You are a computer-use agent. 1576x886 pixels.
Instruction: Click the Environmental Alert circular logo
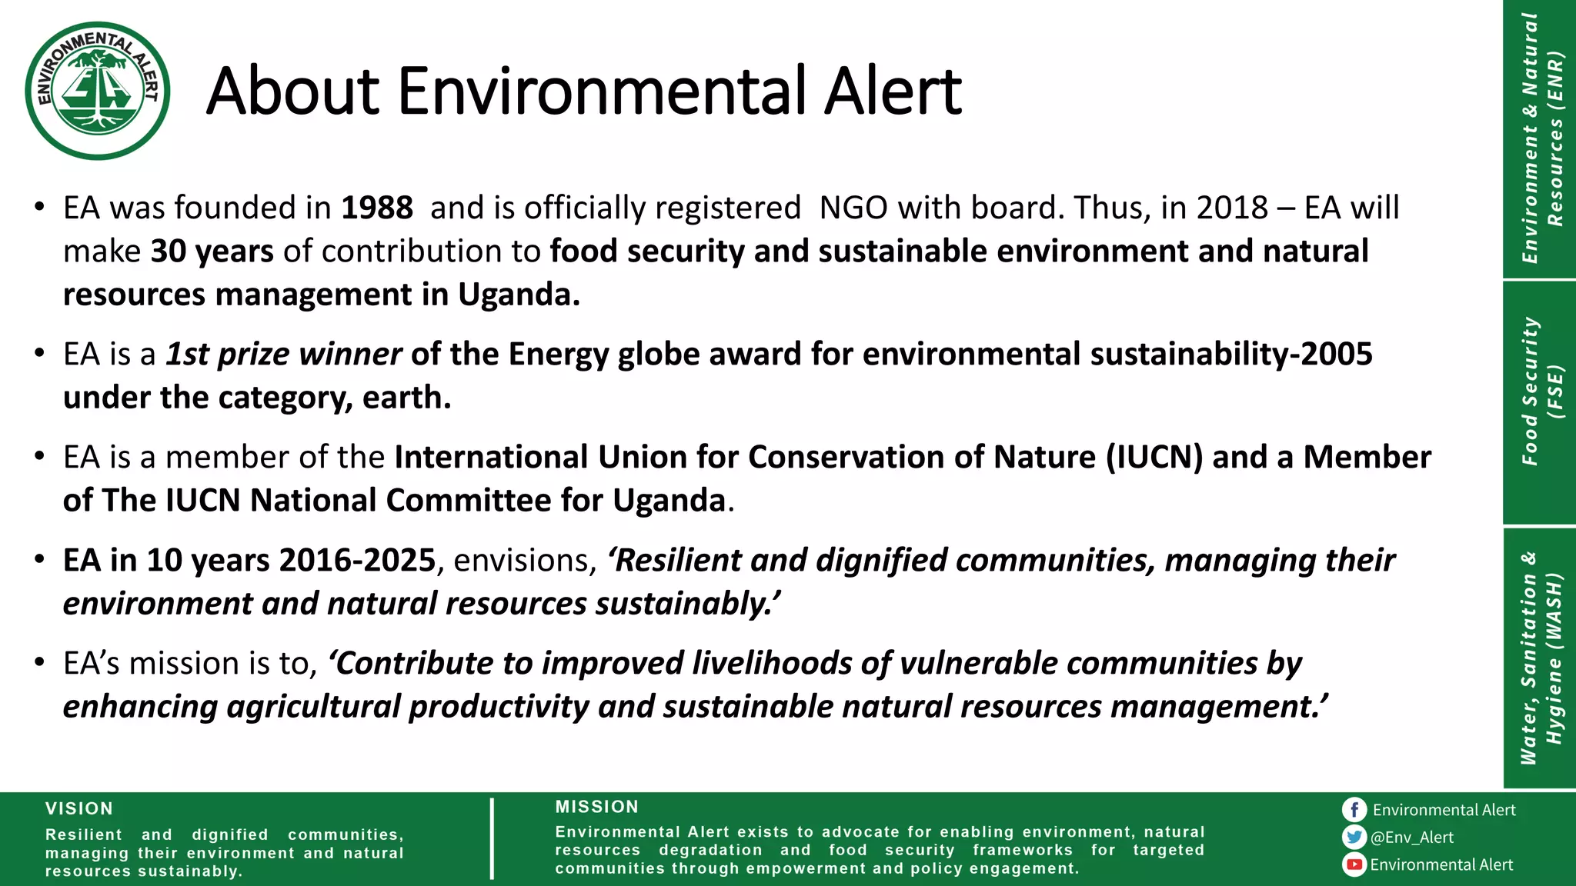98,91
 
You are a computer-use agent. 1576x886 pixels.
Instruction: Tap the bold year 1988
376,208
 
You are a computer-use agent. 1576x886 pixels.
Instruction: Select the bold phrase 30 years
212,251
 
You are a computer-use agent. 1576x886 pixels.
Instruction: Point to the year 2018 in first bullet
1231,208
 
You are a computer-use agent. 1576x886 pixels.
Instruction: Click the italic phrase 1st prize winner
283,355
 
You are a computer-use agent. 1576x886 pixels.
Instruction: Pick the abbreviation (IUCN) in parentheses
1154,458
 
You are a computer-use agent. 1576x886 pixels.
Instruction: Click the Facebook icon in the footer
1354,810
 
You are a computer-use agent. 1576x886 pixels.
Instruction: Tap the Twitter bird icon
1354,837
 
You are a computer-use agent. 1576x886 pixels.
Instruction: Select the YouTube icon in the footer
1354,864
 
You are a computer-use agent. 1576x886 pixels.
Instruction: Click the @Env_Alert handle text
1412,838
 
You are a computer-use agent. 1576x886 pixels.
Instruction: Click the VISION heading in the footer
79,809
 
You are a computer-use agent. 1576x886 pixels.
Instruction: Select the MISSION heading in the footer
597,807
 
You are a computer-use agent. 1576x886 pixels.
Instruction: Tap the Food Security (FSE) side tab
1539,392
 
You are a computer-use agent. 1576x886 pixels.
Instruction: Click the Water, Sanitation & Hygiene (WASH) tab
1539,658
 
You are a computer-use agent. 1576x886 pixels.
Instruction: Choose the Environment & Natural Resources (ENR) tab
1539,138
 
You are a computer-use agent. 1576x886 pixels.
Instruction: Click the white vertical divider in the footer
492,838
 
